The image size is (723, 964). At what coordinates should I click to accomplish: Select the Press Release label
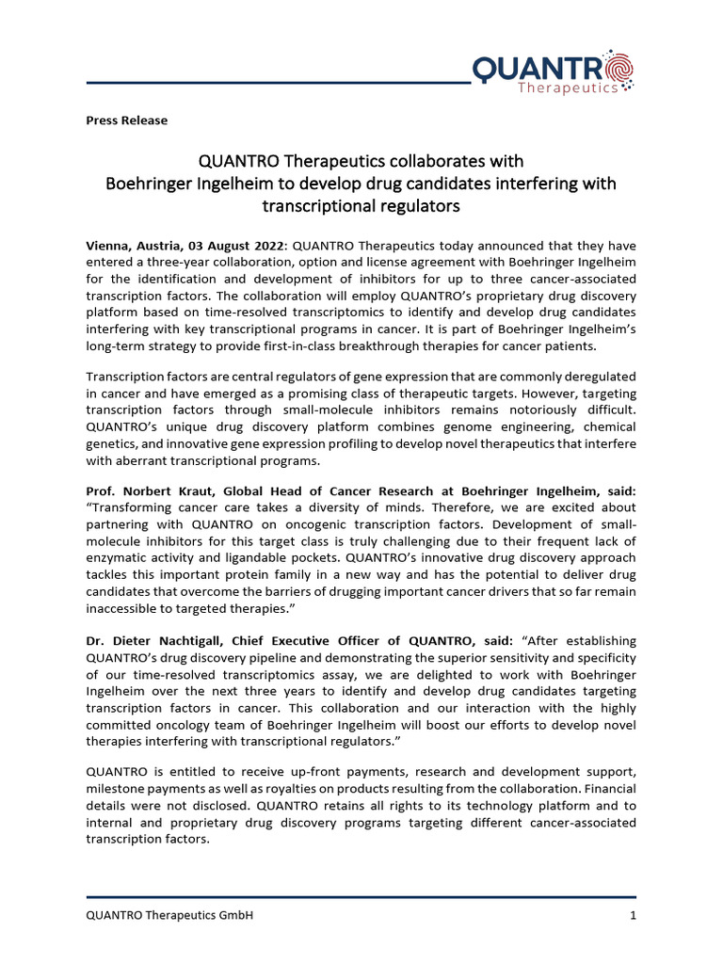coord(126,120)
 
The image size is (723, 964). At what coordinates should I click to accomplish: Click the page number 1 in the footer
coord(632,915)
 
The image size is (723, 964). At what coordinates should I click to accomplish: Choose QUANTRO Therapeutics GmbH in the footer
coord(169,915)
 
